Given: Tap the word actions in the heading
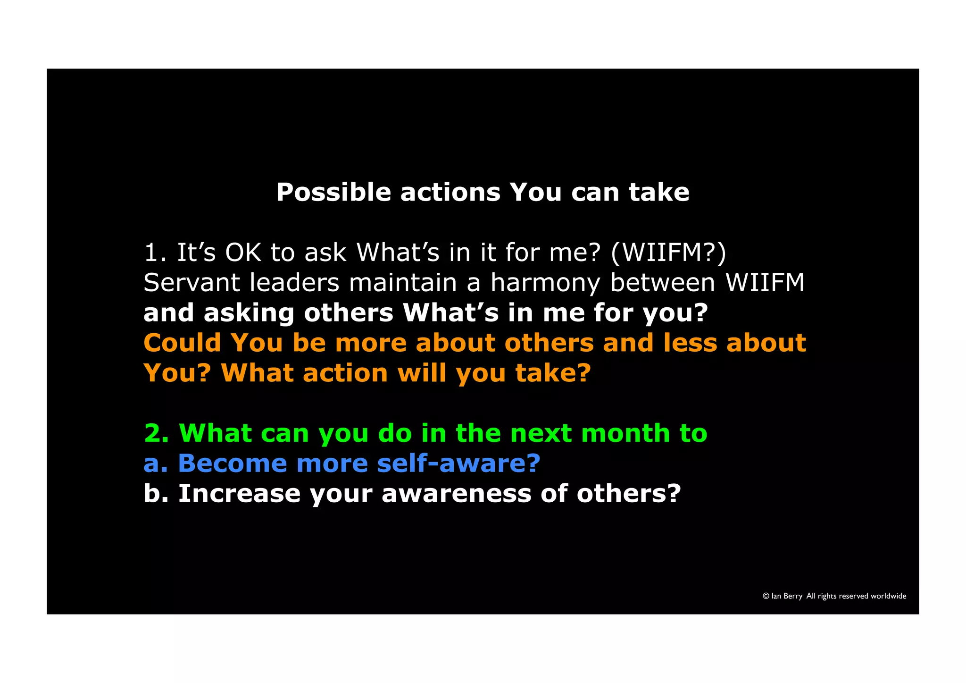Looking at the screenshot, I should coord(450,193).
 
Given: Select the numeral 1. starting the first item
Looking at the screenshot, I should coord(155,253).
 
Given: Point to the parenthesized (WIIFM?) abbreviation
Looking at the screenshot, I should coord(668,253).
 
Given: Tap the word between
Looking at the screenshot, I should coord(663,283).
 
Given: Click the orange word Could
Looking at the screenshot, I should coord(182,343).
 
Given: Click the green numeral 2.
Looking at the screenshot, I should coord(156,433).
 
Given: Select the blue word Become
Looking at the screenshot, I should coord(232,464).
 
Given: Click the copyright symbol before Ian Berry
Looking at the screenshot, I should coord(766,596).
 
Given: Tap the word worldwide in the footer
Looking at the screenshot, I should coord(888,596).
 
